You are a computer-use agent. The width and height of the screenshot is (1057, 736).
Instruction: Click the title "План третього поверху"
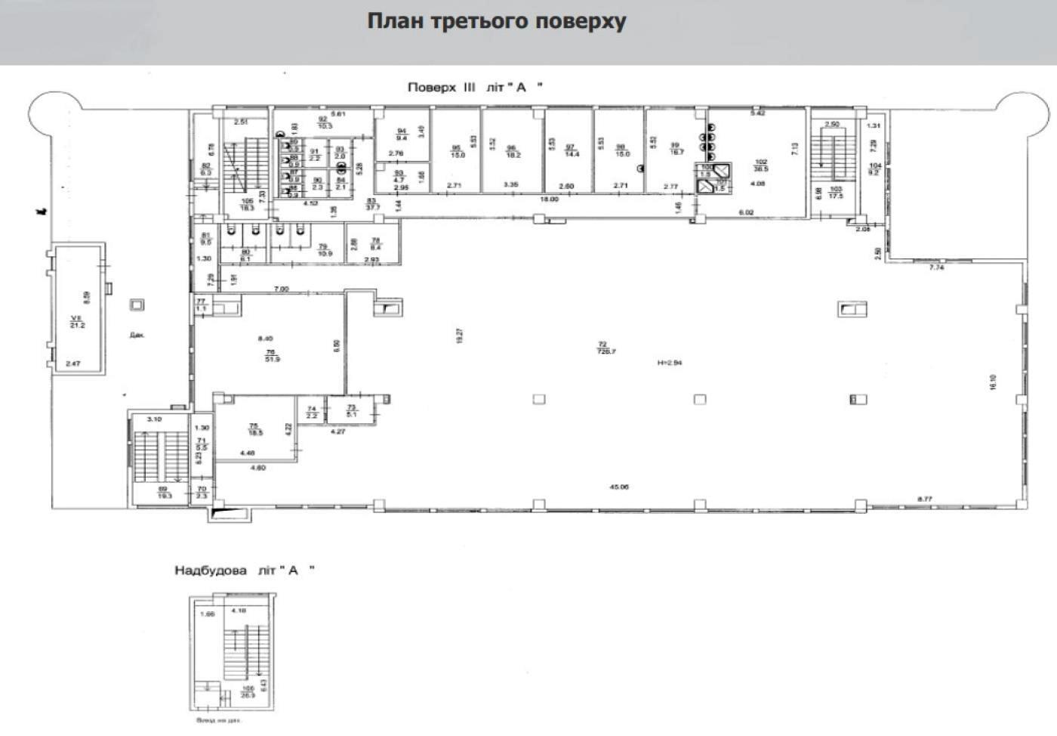(x=496, y=20)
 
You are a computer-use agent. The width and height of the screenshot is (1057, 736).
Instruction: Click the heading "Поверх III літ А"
(x=475, y=87)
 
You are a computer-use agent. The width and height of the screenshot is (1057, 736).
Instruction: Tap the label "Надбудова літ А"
(x=244, y=571)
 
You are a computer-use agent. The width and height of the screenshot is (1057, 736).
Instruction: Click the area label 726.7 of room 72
(x=602, y=351)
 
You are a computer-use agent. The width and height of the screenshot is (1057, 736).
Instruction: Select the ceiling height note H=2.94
(x=670, y=363)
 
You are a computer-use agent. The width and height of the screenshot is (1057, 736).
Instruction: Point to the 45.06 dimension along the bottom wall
(x=618, y=487)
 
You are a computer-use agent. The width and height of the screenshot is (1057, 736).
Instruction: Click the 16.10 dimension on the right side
(x=993, y=382)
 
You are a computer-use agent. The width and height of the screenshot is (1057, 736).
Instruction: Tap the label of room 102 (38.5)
(x=761, y=165)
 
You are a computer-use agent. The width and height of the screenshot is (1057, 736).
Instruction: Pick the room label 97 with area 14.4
(x=571, y=150)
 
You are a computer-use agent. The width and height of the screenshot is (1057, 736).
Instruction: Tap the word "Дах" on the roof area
(x=137, y=335)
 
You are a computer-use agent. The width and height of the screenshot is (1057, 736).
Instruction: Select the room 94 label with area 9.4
(x=402, y=134)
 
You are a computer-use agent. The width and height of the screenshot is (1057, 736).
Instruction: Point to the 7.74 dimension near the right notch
(x=936, y=267)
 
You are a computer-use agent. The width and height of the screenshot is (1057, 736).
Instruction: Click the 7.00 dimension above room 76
(x=281, y=289)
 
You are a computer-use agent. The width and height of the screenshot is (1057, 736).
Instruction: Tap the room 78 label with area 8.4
(x=375, y=243)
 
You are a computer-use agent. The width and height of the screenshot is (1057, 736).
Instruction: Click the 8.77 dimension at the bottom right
(x=925, y=499)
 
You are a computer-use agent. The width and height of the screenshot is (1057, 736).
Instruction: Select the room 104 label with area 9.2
(x=875, y=169)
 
